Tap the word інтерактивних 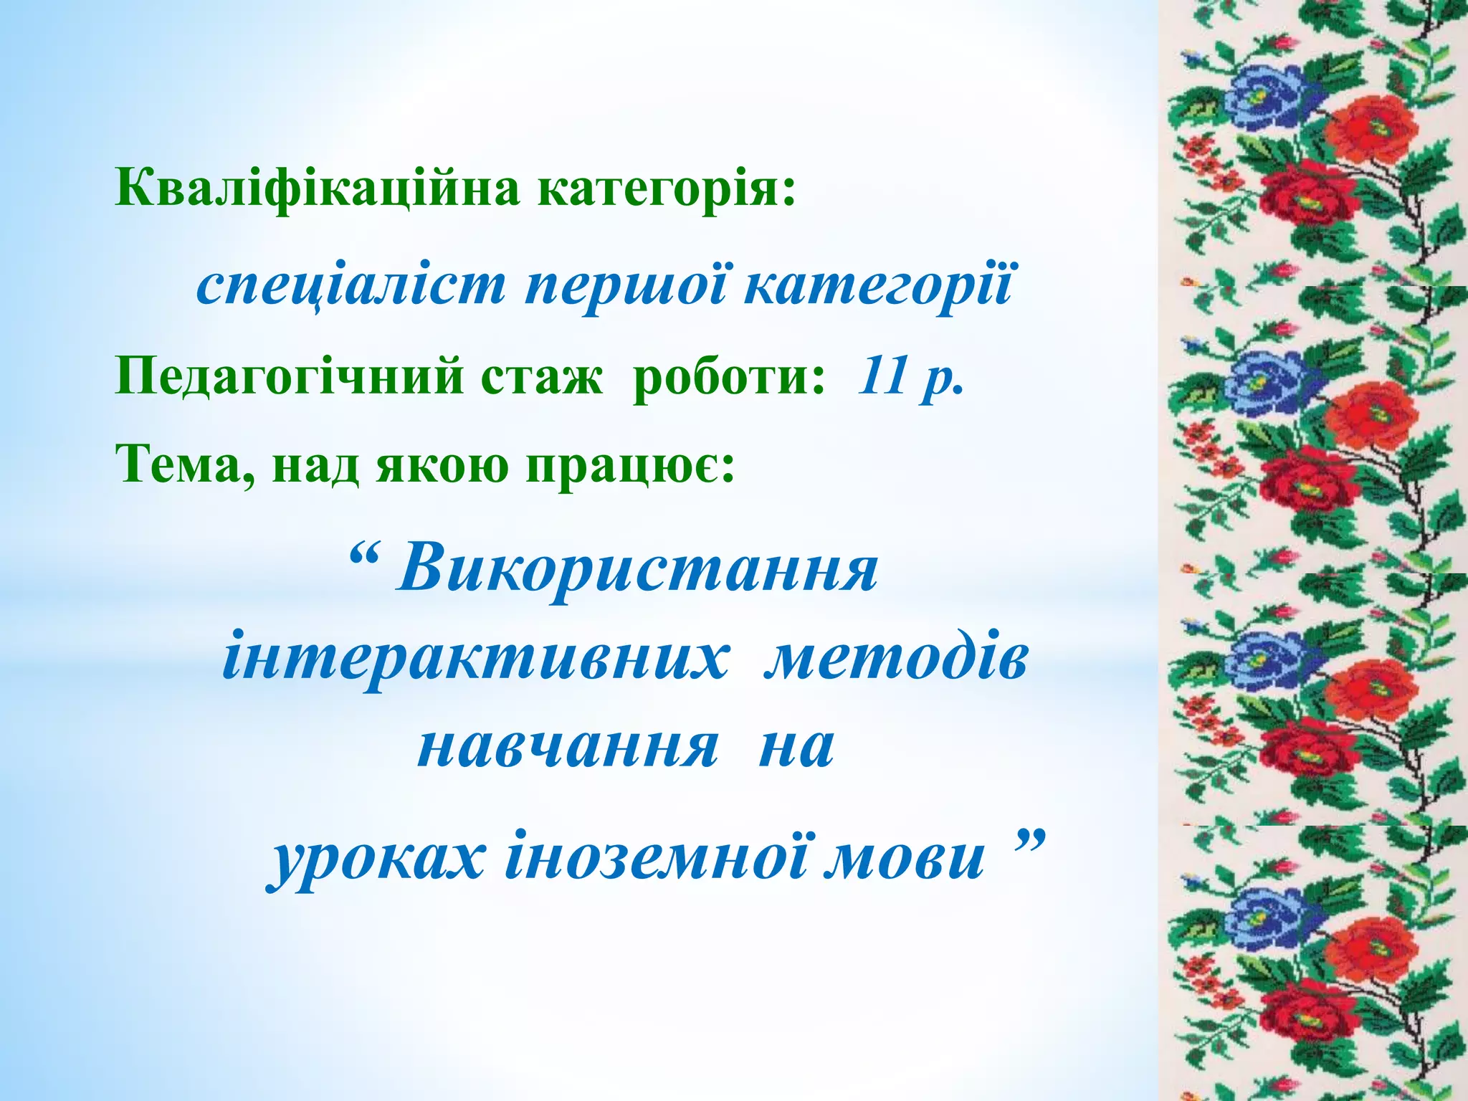(476, 659)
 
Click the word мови (906, 859)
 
